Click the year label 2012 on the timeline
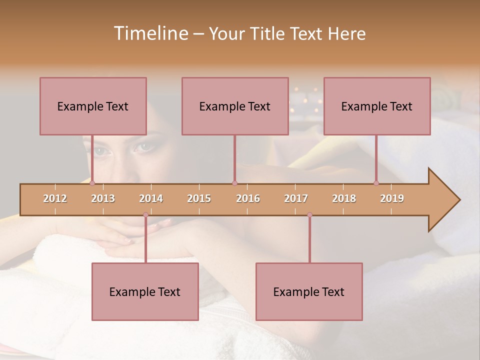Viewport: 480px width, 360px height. (55, 198)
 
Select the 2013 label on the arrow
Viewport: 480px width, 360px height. (103, 198)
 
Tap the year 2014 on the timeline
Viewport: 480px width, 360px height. (151, 198)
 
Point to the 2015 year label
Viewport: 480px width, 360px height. (199, 198)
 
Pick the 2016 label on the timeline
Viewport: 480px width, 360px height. (248, 198)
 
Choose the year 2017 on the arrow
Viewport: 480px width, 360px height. (296, 198)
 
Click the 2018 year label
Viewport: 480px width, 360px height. (344, 198)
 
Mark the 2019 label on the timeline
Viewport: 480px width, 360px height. (392, 198)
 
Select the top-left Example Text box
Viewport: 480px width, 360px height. (93, 106)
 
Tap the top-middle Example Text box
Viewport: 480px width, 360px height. (235, 106)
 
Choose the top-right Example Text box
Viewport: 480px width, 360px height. (377, 106)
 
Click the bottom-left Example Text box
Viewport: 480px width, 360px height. (145, 291)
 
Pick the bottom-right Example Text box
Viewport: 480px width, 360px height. (309, 291)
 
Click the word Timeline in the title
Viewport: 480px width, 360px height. (150, 33)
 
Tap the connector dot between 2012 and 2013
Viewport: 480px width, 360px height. (92, 183)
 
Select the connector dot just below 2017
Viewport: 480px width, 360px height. (309, 215)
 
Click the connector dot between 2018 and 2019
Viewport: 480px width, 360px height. (376, 183)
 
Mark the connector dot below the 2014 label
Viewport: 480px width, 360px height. (145, 215)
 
